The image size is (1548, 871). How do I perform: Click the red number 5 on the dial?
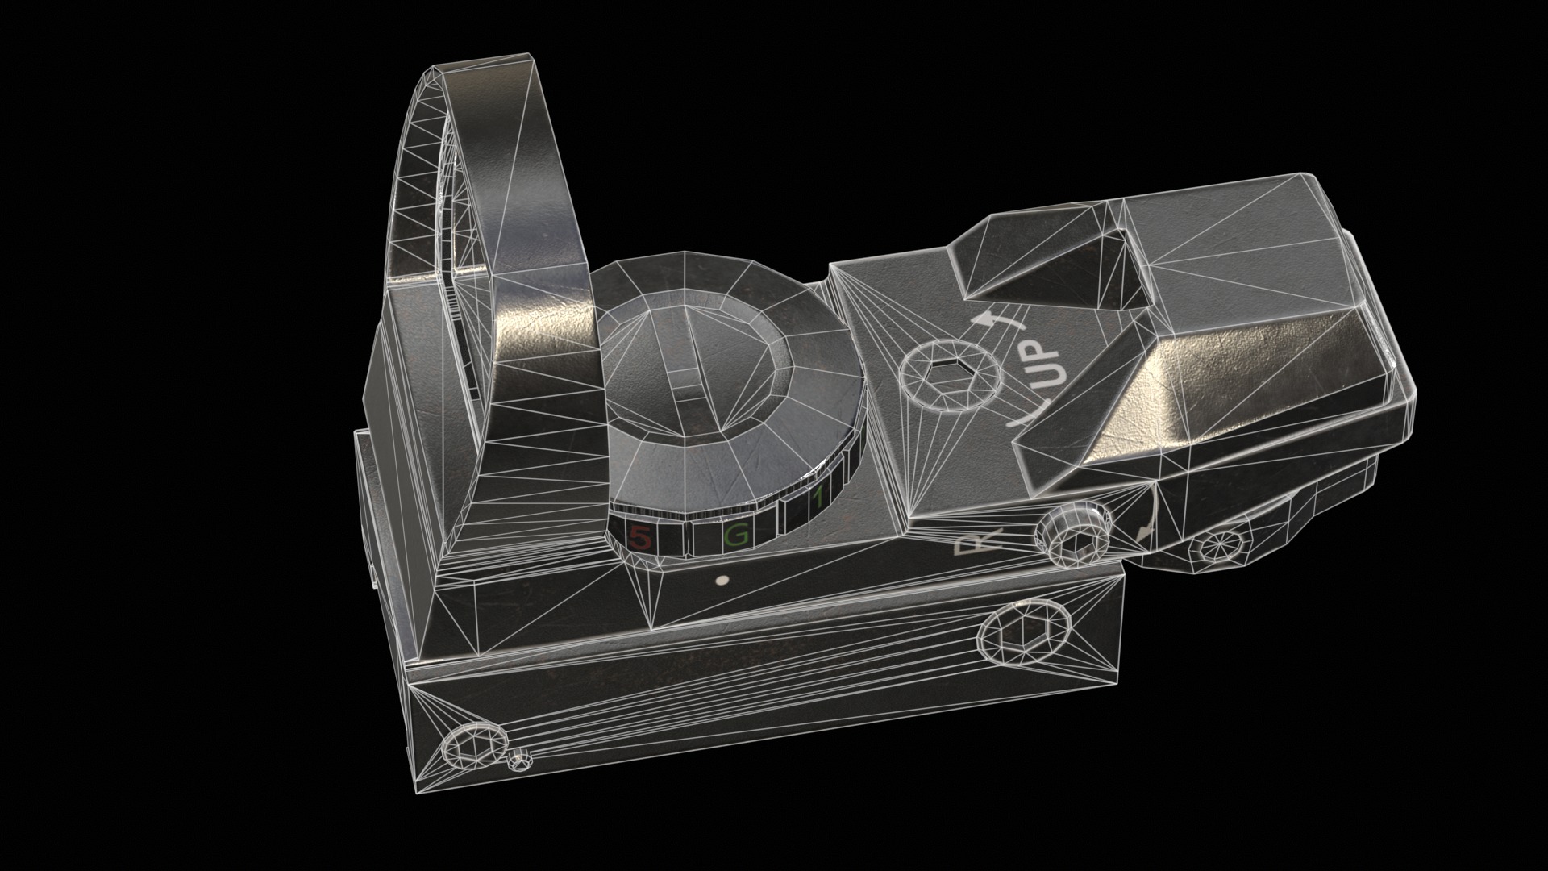pos(639,537)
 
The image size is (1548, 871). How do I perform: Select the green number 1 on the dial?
pos(818,500)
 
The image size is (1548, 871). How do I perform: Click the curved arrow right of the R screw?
pos(1146,528)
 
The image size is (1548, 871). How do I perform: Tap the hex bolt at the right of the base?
pos(1021,631)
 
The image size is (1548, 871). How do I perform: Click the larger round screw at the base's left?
pos(470,746)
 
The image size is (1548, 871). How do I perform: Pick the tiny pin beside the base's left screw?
pos(521,761)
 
